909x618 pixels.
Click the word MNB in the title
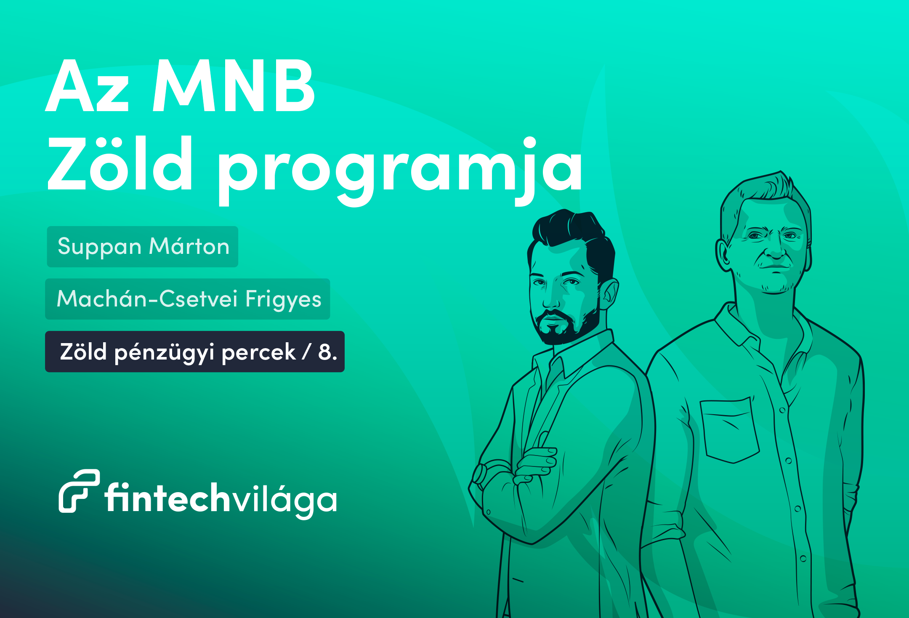(x=234, y=86)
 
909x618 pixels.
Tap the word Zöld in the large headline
(x=120, y=163)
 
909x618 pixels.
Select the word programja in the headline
(x=400, y=171)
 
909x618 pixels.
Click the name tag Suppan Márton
(x=143, y=247)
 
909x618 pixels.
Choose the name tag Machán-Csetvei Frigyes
(x=188, y=299)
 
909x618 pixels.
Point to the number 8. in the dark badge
(x=328, y=352)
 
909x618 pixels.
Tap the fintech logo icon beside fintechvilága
(x=79, y=491)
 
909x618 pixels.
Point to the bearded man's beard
(x=566, y=326)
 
